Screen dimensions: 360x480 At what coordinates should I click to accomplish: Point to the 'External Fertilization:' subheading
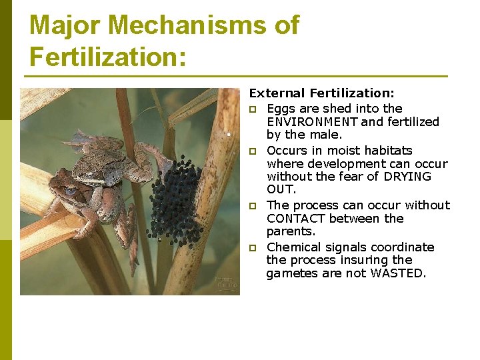coord(321,94)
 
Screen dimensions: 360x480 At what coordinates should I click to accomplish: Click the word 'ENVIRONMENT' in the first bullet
coord(312,122)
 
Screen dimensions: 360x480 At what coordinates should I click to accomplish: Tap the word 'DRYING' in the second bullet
coord(407,177)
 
